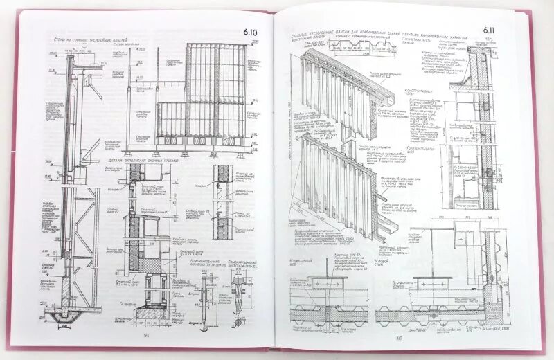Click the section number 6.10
point(249,32)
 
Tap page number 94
point(146,335)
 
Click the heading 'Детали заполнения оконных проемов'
point(160,161)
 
